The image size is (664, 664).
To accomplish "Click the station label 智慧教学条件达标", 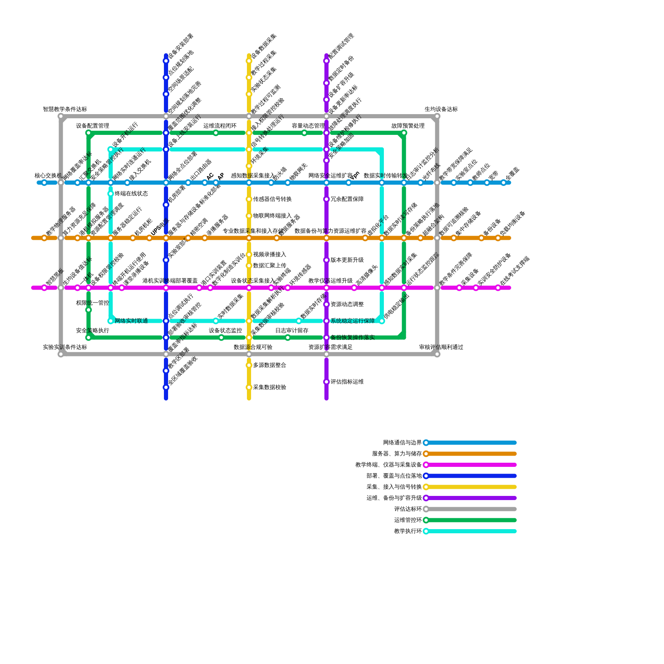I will pyautogui.click(x=65, y=109).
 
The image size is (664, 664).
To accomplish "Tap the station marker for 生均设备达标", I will pyautogui.click(x=437, y=117).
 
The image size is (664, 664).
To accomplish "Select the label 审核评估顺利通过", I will pyautogui.click(x=441, y=347).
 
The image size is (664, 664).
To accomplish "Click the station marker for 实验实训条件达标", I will pyautogui.click(x=61, y=354).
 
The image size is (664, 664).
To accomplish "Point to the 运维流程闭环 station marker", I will pyautogui.click(x=216, y=133).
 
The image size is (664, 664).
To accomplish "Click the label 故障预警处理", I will pyautogui.click(x=408, y=126).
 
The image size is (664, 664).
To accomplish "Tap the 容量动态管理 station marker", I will pyautogui.click(x=304, y=133).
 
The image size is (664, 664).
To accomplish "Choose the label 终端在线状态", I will pyautogui.click(x=131, y=194).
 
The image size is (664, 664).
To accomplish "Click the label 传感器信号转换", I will pyautogui.click(x=272, y=199).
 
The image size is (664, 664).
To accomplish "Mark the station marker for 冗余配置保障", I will pyautogui.click(x=327, y=199).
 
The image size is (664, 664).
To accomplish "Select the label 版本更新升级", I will pyautogui.click(x=347, y=260).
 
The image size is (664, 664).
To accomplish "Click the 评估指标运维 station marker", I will pyautogui.click(x=327, y=382).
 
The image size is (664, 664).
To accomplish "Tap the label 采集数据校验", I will pyautogui.click(x=269, y=388).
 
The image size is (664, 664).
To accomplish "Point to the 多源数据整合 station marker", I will pyautogui.click(x=249, y=365).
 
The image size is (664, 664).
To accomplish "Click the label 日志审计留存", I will pyautogui.click(x=292, y=331).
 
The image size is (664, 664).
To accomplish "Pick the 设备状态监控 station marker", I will pyautogui.click(x=221, y=337).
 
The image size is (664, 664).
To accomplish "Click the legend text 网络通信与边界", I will pyautogui.click(x=402, y=443).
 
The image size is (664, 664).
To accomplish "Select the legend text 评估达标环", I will pyautogui.click(x=408, y=509).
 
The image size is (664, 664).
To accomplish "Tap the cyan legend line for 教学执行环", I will pyautogui.click(x=473, y=531).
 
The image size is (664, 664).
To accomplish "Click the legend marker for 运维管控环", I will pyautogui.click(x=426, y=520).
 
